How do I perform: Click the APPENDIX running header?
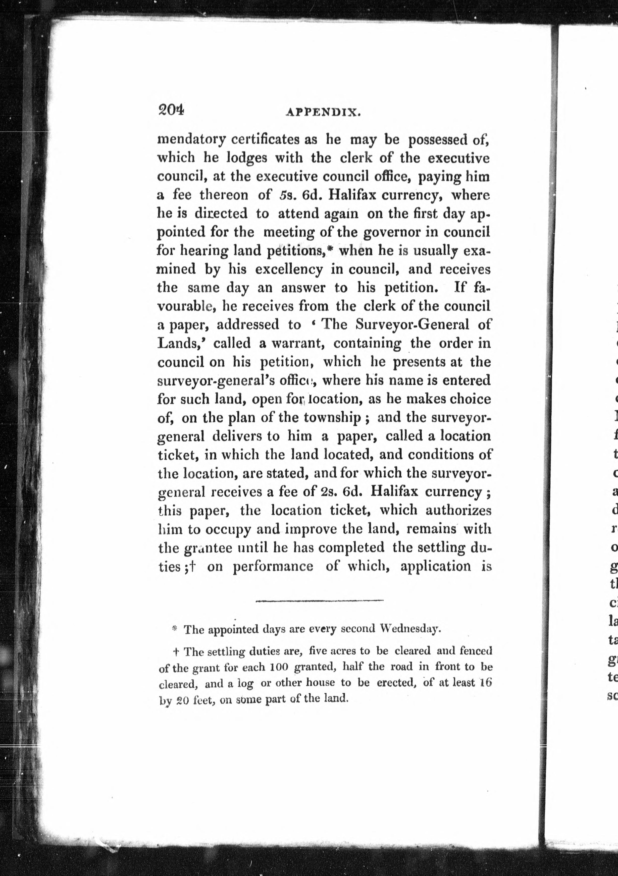click(x=323, y=113)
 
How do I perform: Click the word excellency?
click(x=289, y=270)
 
